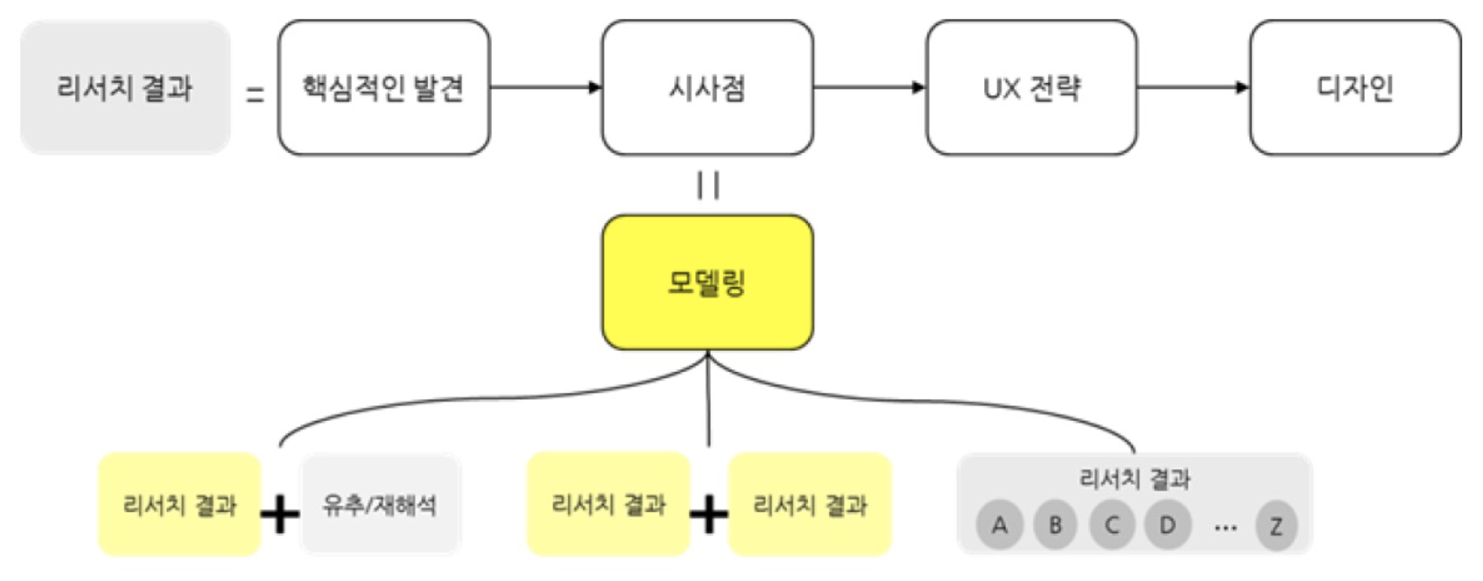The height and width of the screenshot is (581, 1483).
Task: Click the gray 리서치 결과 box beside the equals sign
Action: tap(125, 87)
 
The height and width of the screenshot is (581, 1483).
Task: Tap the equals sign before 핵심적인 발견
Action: tap(255, 95)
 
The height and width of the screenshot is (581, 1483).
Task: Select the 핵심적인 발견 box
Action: tap(384, 87)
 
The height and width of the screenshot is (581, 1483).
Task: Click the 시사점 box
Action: tap(707, 87)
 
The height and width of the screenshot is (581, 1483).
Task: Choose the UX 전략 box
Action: tap(1031, 87)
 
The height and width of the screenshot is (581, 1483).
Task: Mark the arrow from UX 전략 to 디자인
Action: tap(1193, 87)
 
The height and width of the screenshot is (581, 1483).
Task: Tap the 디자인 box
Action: tap(1355, 87)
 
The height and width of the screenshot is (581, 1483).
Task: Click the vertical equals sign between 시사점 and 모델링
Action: tap(708, 185)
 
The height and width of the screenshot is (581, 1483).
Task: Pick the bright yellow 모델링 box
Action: tap(707, 282)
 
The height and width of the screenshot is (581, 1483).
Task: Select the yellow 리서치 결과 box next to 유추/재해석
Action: tap(180, 505)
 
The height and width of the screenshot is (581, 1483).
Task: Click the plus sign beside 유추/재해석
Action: tap(280, 515)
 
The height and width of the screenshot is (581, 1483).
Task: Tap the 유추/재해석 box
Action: tap(380, 505)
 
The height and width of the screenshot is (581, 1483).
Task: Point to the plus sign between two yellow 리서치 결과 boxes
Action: tap(709, 515)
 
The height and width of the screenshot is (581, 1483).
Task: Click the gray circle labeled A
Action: tap(999, 524)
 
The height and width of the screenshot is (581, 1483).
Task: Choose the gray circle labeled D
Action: tap(1168, 524)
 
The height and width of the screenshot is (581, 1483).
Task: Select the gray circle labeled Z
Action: tap(1276, 524)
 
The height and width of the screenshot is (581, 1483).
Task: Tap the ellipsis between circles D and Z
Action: tap(1225, 528)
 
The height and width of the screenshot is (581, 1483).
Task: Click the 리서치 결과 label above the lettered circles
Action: tap(1135, 478)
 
